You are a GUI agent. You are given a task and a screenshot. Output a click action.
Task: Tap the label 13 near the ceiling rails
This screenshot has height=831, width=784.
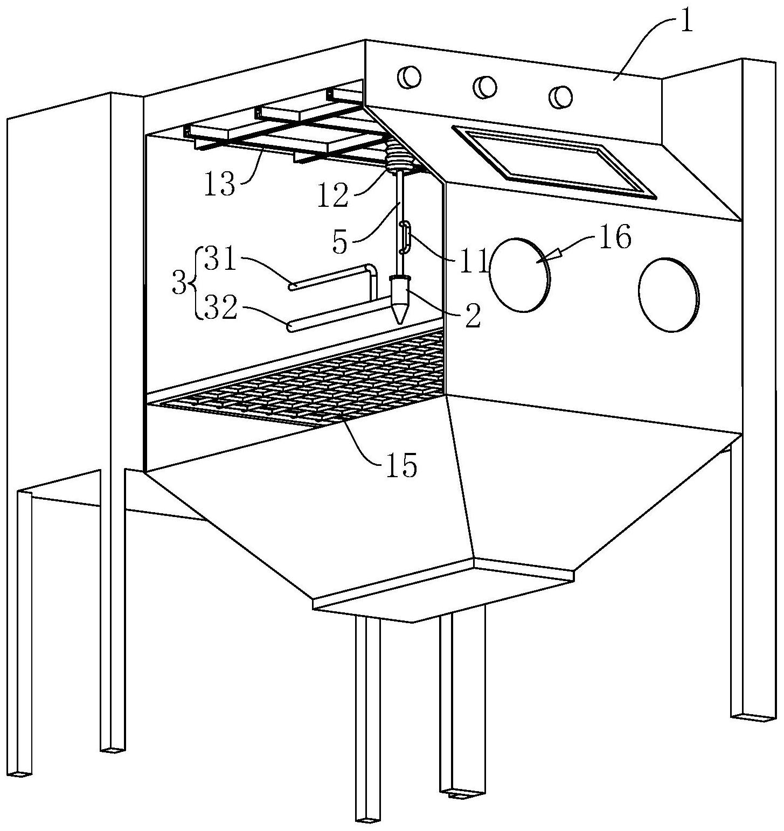pos(220,185)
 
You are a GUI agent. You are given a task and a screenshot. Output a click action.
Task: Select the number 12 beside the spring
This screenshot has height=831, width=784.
pos(333,196)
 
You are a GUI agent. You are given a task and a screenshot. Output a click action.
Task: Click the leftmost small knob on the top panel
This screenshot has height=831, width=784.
pos(408,77)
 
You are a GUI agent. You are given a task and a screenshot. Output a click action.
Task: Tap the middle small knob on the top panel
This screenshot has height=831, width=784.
pos(484,86)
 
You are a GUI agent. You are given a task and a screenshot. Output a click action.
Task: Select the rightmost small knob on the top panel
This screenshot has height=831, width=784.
pos(560,96)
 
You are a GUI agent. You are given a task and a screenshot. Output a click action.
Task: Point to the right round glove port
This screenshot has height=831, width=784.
pos(668,294)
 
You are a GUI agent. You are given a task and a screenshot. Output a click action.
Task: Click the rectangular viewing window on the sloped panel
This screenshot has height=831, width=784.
pos(555,160)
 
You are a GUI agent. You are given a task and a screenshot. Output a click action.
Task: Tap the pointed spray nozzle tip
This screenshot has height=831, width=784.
pos(399,323)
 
